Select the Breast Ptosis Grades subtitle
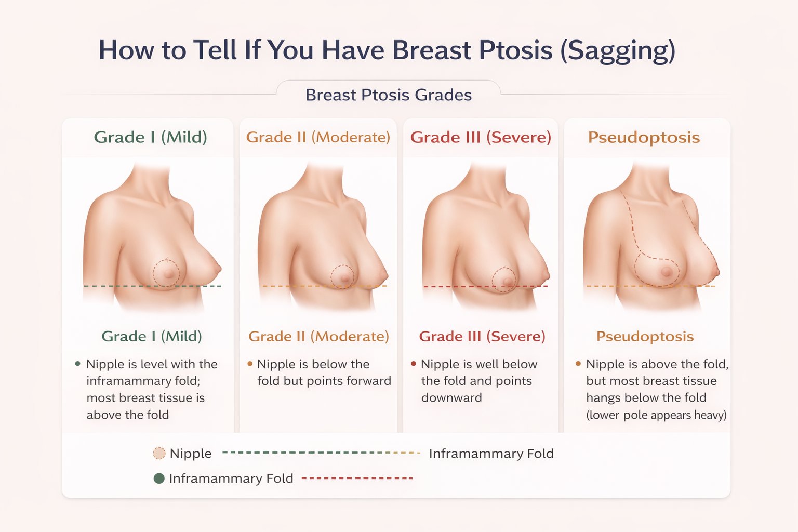tap(389, 95)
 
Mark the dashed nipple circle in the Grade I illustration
tap(166, 273)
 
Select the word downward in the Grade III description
tap(451, 397)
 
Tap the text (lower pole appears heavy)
tap(656, 415)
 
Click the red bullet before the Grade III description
tap(414, 364)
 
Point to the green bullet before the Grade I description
tap(78, 364)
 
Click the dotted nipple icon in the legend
tap(159, 454)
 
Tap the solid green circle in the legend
tap(159, 478)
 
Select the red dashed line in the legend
tap(357, 478)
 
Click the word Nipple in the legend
tap(191, 454)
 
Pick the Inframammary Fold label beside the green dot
tap(231, 478)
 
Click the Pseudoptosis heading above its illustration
tap(644, 137)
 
